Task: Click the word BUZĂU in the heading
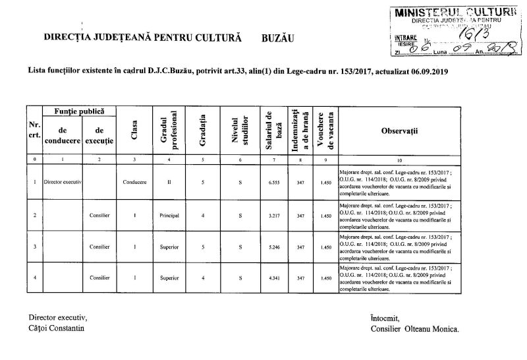[275, 39]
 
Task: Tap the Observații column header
[408, 131]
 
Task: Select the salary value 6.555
[266, 182]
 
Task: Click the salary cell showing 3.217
[266, 215]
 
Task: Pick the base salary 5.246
[266, 247]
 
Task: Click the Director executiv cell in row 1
[63, 182]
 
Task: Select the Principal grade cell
[169, 215]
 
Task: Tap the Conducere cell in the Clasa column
[134, 182]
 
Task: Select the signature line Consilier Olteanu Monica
[416, 328]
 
